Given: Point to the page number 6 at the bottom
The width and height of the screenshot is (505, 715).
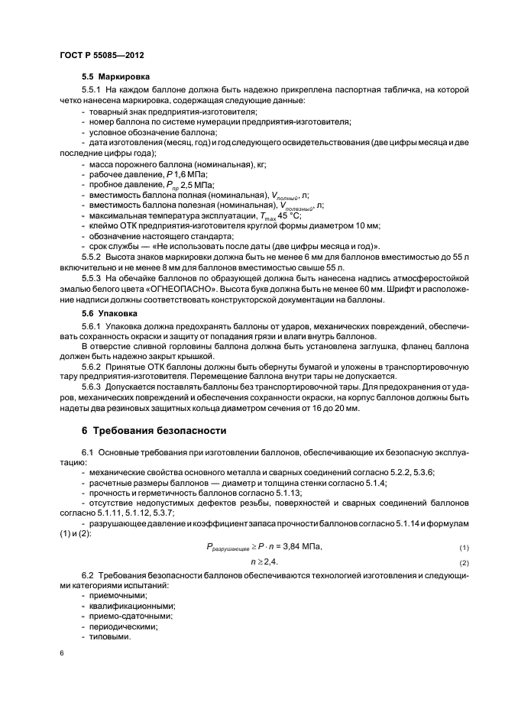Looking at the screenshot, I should click(60, 654).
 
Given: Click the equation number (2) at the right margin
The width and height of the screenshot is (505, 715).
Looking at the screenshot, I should click(464, 563).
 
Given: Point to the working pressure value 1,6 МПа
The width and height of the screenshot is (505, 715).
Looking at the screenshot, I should click(189, 175).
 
